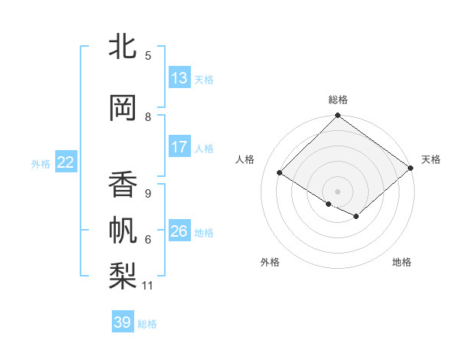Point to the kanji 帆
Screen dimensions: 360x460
click(x=123, y=230)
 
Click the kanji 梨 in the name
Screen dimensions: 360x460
click(x=123, y=275)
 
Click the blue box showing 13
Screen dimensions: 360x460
click(x=179, y=77)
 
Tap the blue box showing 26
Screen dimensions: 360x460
click(x=179, y=231)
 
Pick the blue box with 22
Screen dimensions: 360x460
click(x=66, y=162)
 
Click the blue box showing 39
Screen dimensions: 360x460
click(x=123, y=322)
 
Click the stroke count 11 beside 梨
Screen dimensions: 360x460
click(x=148, y=286)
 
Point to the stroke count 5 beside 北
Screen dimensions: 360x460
click(x=148, y=55)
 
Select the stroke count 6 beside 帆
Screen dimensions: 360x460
click(x=148, y=240)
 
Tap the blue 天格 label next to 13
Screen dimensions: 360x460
click(x=204, y=79)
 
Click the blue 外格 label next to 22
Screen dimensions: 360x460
click(x=41, y=163)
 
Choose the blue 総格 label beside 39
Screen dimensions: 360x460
click(x=147, y=324)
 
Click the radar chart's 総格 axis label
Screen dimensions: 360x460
click(x=337, y=100)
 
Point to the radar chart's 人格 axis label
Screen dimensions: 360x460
click(x=245, y=159)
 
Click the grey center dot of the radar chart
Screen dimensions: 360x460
click(x=337, y=191)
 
